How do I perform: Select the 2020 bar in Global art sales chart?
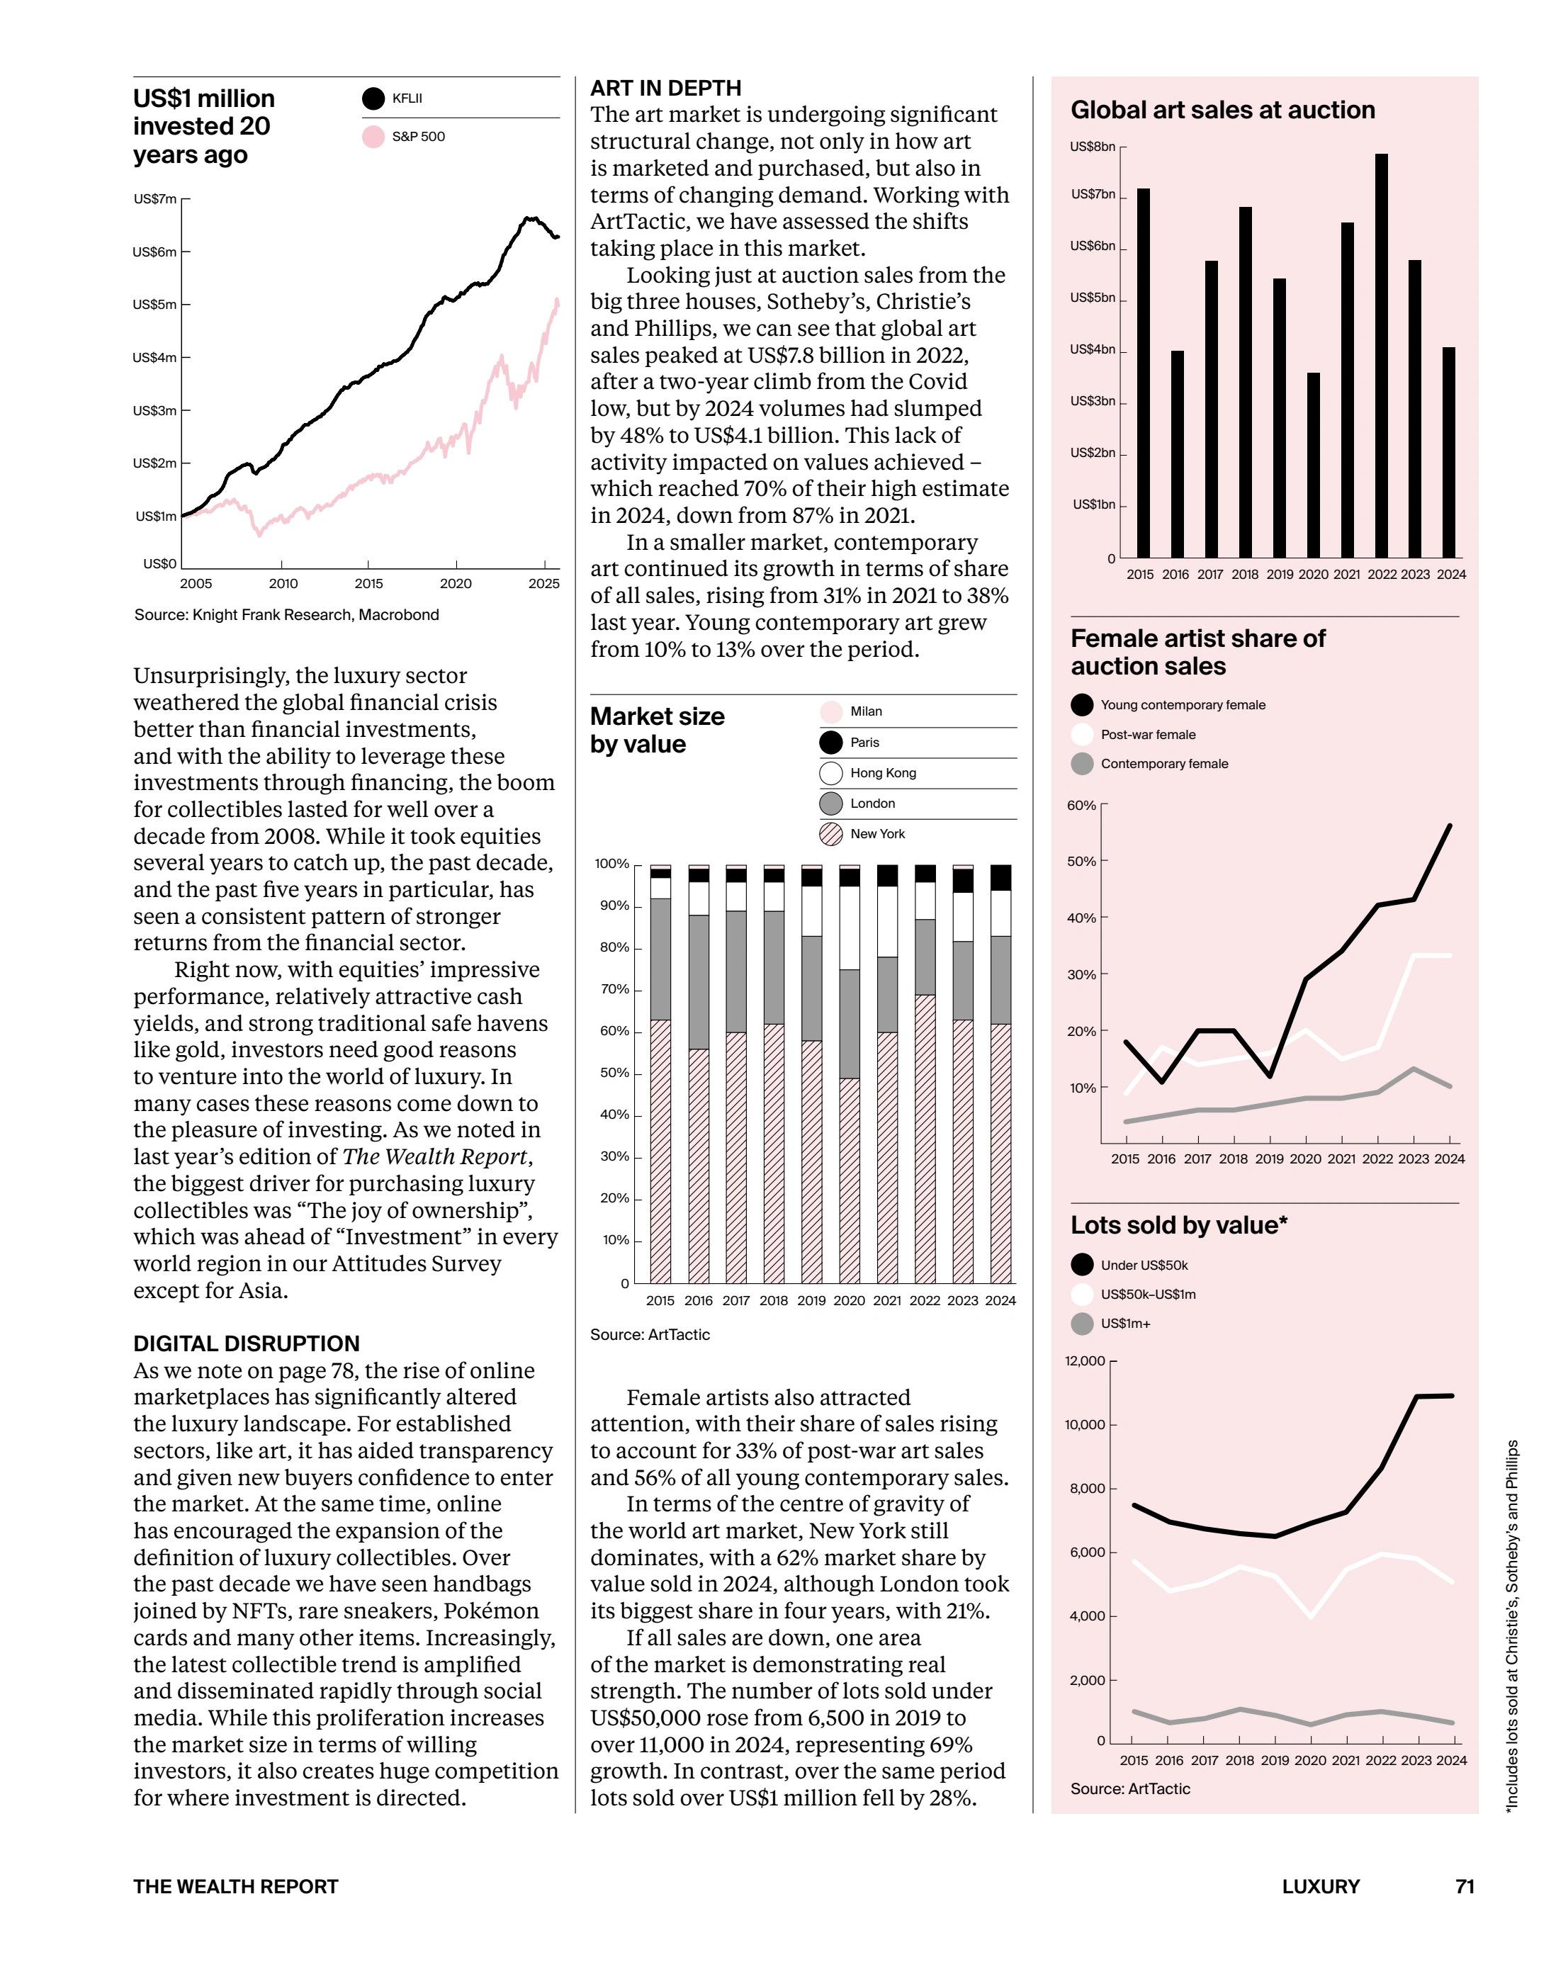click(1313, 464)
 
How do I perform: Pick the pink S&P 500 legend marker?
click(373, 137)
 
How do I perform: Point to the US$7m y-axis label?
click(154, 199)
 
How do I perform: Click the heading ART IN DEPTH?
click(665, 88)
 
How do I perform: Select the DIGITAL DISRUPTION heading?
click(247, 1343)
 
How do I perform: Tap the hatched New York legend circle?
click(830, 834)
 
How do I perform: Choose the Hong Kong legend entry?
click(882, 773)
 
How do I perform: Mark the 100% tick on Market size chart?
click(611, 864)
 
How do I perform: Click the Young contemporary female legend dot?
click(1082, 705)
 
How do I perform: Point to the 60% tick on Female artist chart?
click(1082, 805)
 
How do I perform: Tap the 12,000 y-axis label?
click(1085, 1361)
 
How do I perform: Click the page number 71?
click(1465, 1886)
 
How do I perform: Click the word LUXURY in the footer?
click(1320, 1886)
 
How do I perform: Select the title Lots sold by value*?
click(1178, 1225)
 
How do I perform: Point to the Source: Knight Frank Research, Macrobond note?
click(286, 615)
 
